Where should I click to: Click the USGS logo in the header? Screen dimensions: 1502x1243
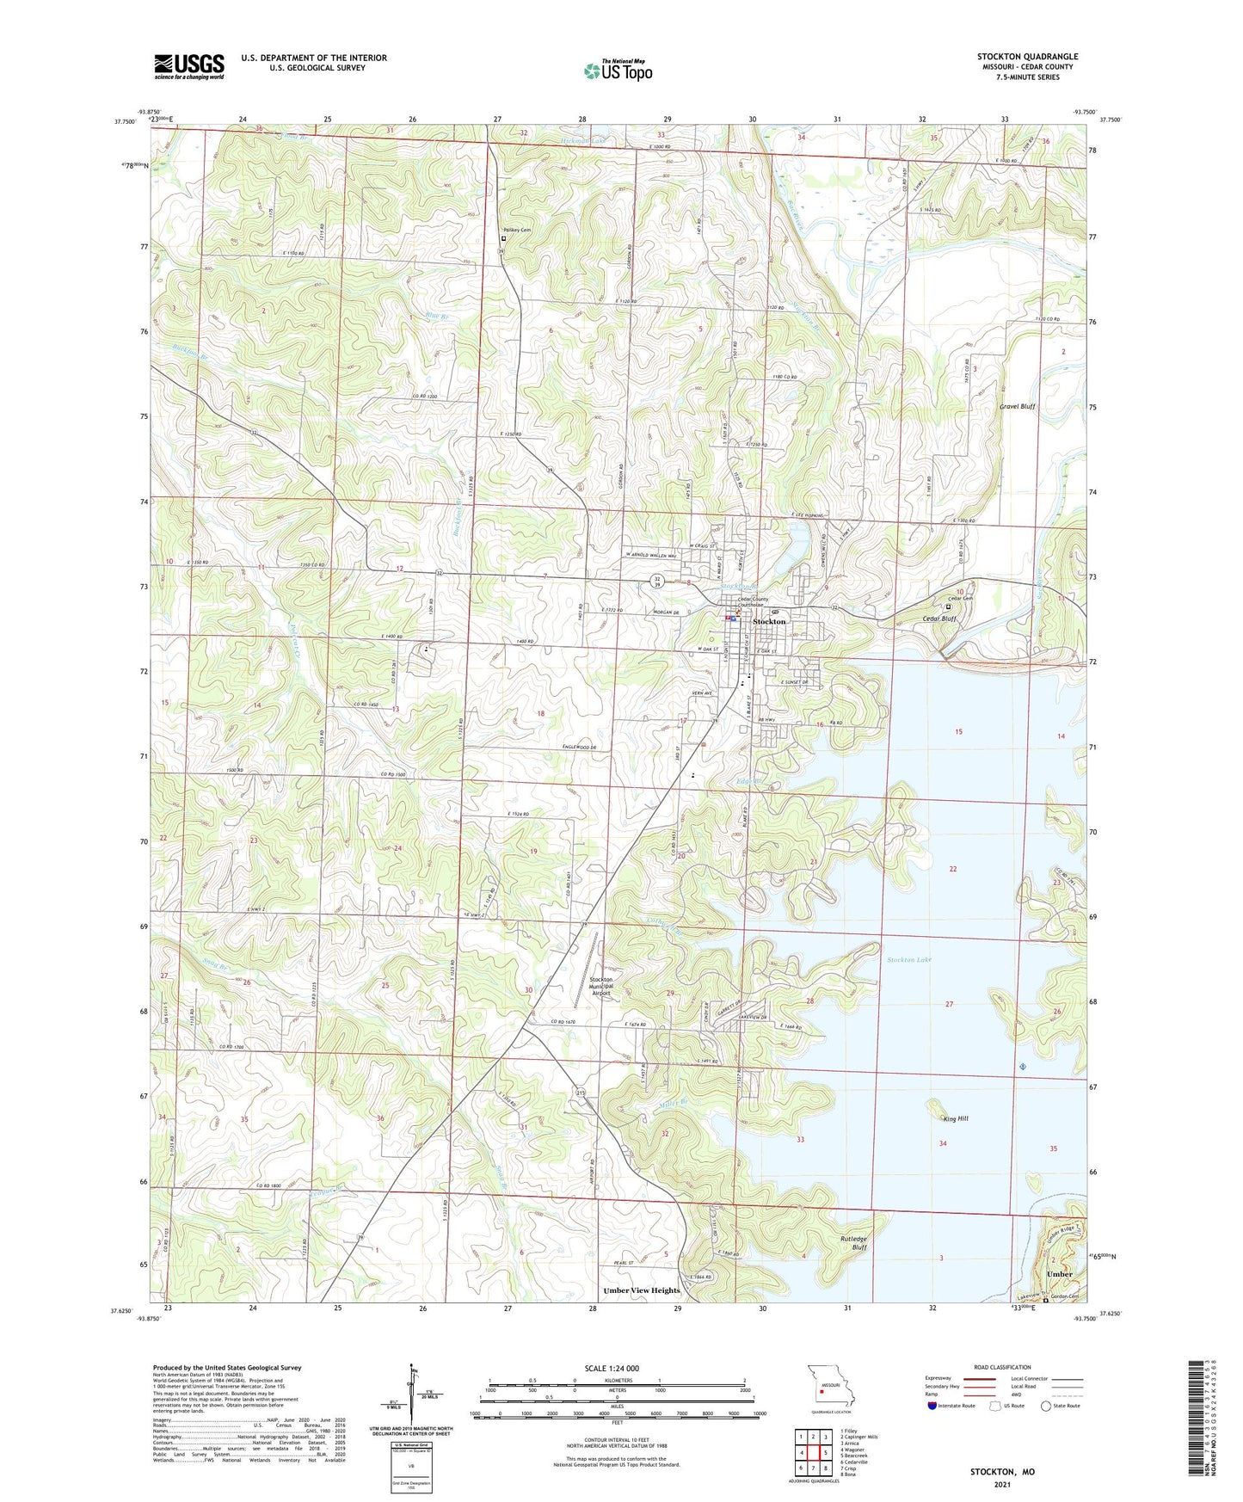coord(189,65)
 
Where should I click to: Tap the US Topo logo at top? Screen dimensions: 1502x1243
coord(618,71)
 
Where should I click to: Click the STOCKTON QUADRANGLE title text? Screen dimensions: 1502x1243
coord(1027,57)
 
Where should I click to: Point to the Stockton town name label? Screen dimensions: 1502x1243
coord(769,621)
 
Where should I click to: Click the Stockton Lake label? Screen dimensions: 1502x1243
coord(909,959)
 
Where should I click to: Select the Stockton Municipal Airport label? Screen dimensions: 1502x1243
coord(601,986)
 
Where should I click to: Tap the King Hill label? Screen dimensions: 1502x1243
coord(956,1118)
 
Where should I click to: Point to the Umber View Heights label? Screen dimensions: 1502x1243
coord(642,1290)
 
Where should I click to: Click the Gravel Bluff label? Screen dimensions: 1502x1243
coord(1017,406)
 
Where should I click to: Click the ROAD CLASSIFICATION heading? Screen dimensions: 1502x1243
coord(1002,1367)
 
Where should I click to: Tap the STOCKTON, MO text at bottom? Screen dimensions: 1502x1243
coord(1002,1472)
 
